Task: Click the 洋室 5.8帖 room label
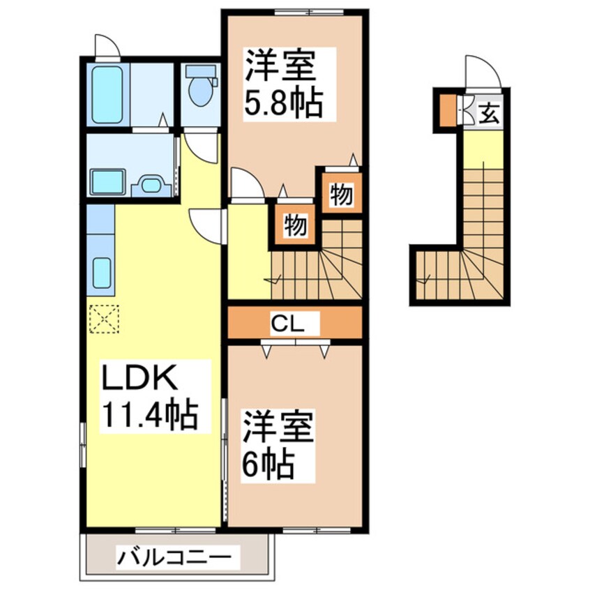(282, 84)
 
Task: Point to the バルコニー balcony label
(174, 559)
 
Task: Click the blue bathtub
(107, 95)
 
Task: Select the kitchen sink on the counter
(102, 272)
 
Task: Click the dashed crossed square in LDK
(103, 319)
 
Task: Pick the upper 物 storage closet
(341, 195)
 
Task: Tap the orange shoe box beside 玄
(446, 109)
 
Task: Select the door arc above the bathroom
(107, 46)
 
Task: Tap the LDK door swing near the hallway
(206, 225)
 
